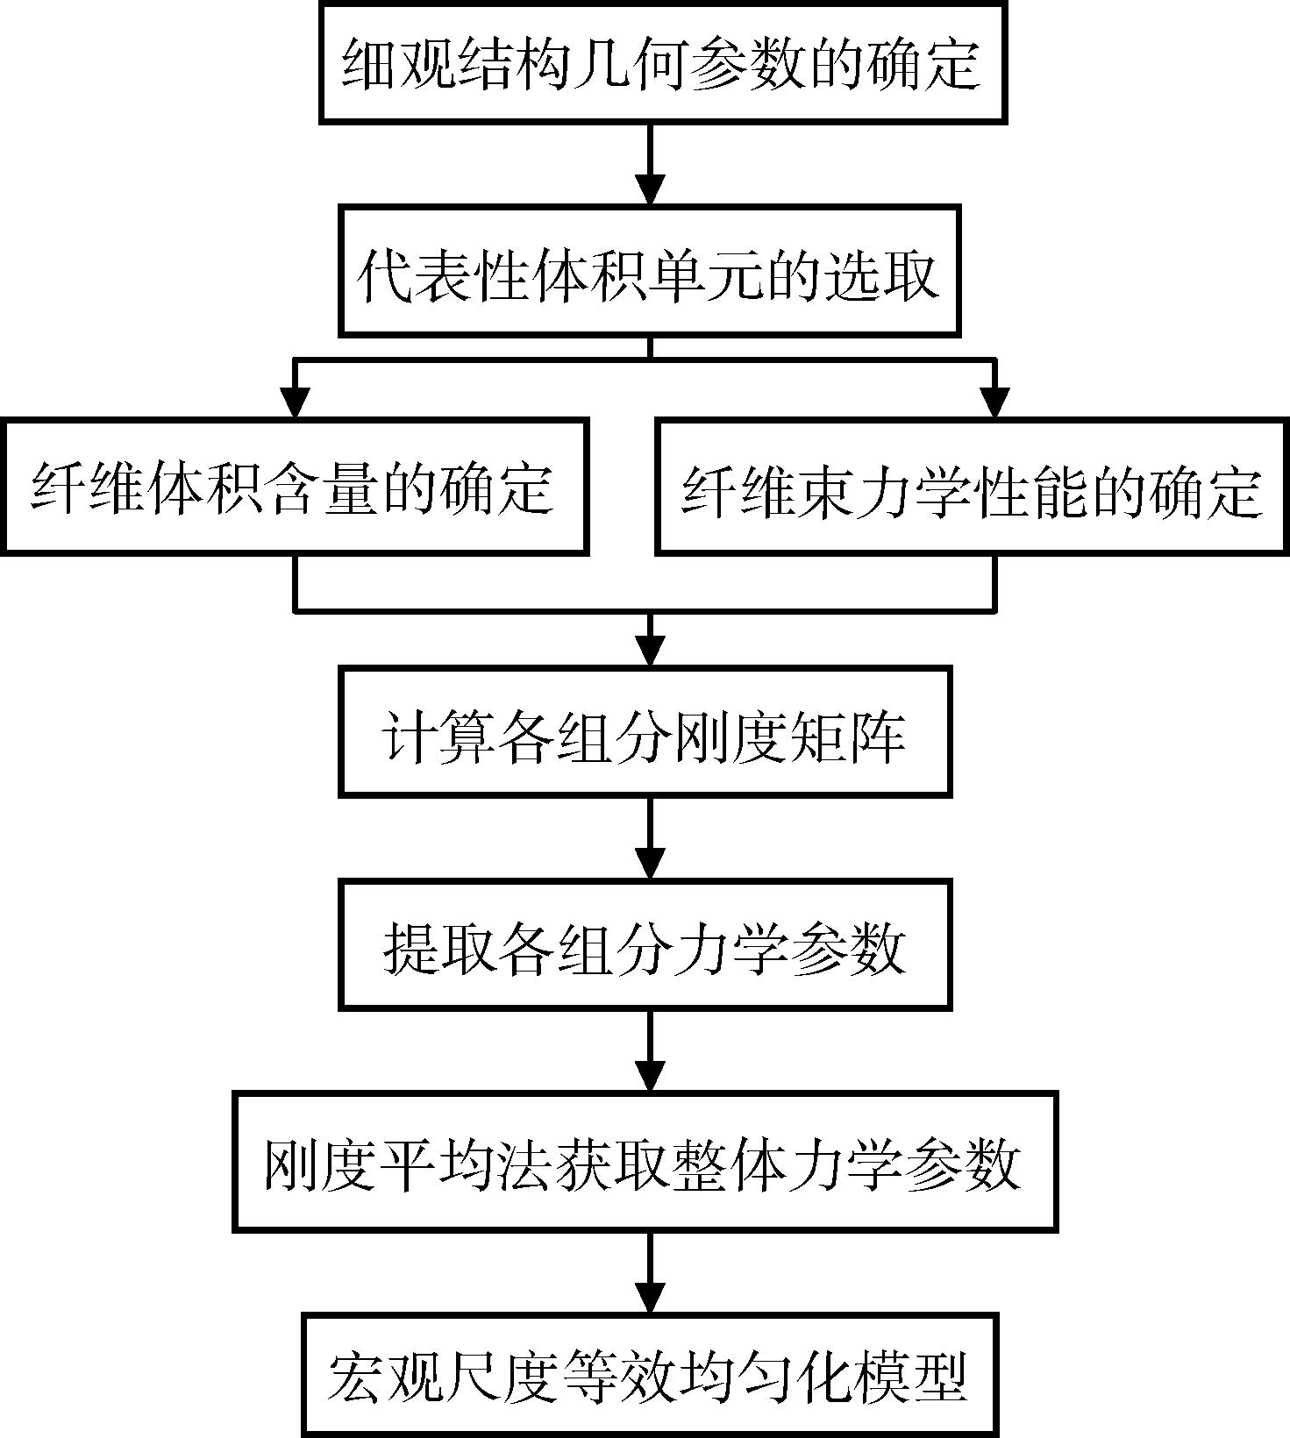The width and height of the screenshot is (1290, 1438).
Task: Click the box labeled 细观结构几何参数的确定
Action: coord(662,61)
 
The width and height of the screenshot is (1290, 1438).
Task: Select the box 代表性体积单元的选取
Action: coord(650,271)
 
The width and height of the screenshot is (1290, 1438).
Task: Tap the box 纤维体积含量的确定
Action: coord(295,487)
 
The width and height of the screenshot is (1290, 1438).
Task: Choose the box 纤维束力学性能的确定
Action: coord(973,487)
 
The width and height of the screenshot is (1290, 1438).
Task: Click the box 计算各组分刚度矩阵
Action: coord(645,731)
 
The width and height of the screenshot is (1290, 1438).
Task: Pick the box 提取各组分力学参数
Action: coord(645,944)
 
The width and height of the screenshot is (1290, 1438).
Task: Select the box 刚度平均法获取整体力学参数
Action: coord(645,1162)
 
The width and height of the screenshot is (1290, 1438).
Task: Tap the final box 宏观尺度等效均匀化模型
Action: coord(650,1374)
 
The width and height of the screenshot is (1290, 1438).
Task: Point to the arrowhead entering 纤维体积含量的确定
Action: coord(295,402)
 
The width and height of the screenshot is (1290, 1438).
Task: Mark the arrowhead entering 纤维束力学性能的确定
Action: coord(994,402)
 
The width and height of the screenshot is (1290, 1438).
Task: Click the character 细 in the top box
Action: coord(368,63)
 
